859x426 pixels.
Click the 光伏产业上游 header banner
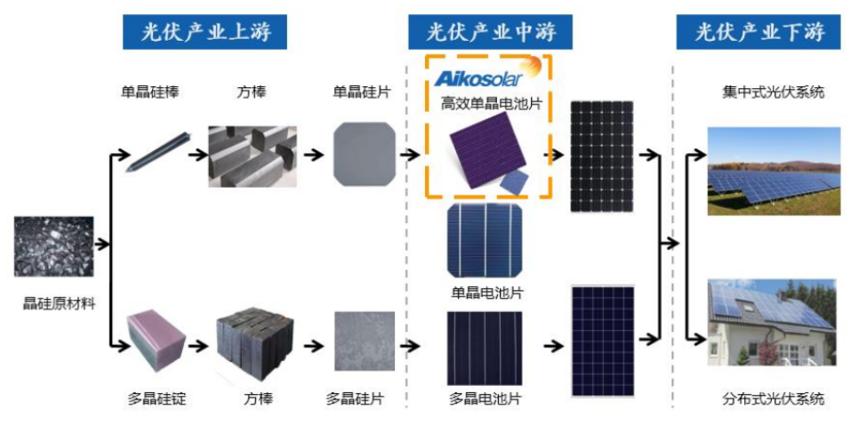(205, 32)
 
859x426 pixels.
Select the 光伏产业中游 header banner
(490, 32)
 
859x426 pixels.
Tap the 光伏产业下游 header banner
(759, 32)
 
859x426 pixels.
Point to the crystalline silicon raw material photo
(53, 246)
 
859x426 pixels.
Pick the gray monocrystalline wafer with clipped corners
(364, 154)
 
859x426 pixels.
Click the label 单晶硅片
(362, 92)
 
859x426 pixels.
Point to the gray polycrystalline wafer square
(365, 341)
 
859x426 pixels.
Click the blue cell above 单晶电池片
(485, 240)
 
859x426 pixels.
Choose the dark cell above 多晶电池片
(485, 349)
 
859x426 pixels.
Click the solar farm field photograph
(774, 172)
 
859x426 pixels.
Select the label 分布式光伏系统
(773, 398)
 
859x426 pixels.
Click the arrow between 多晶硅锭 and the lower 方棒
(197, 346)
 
